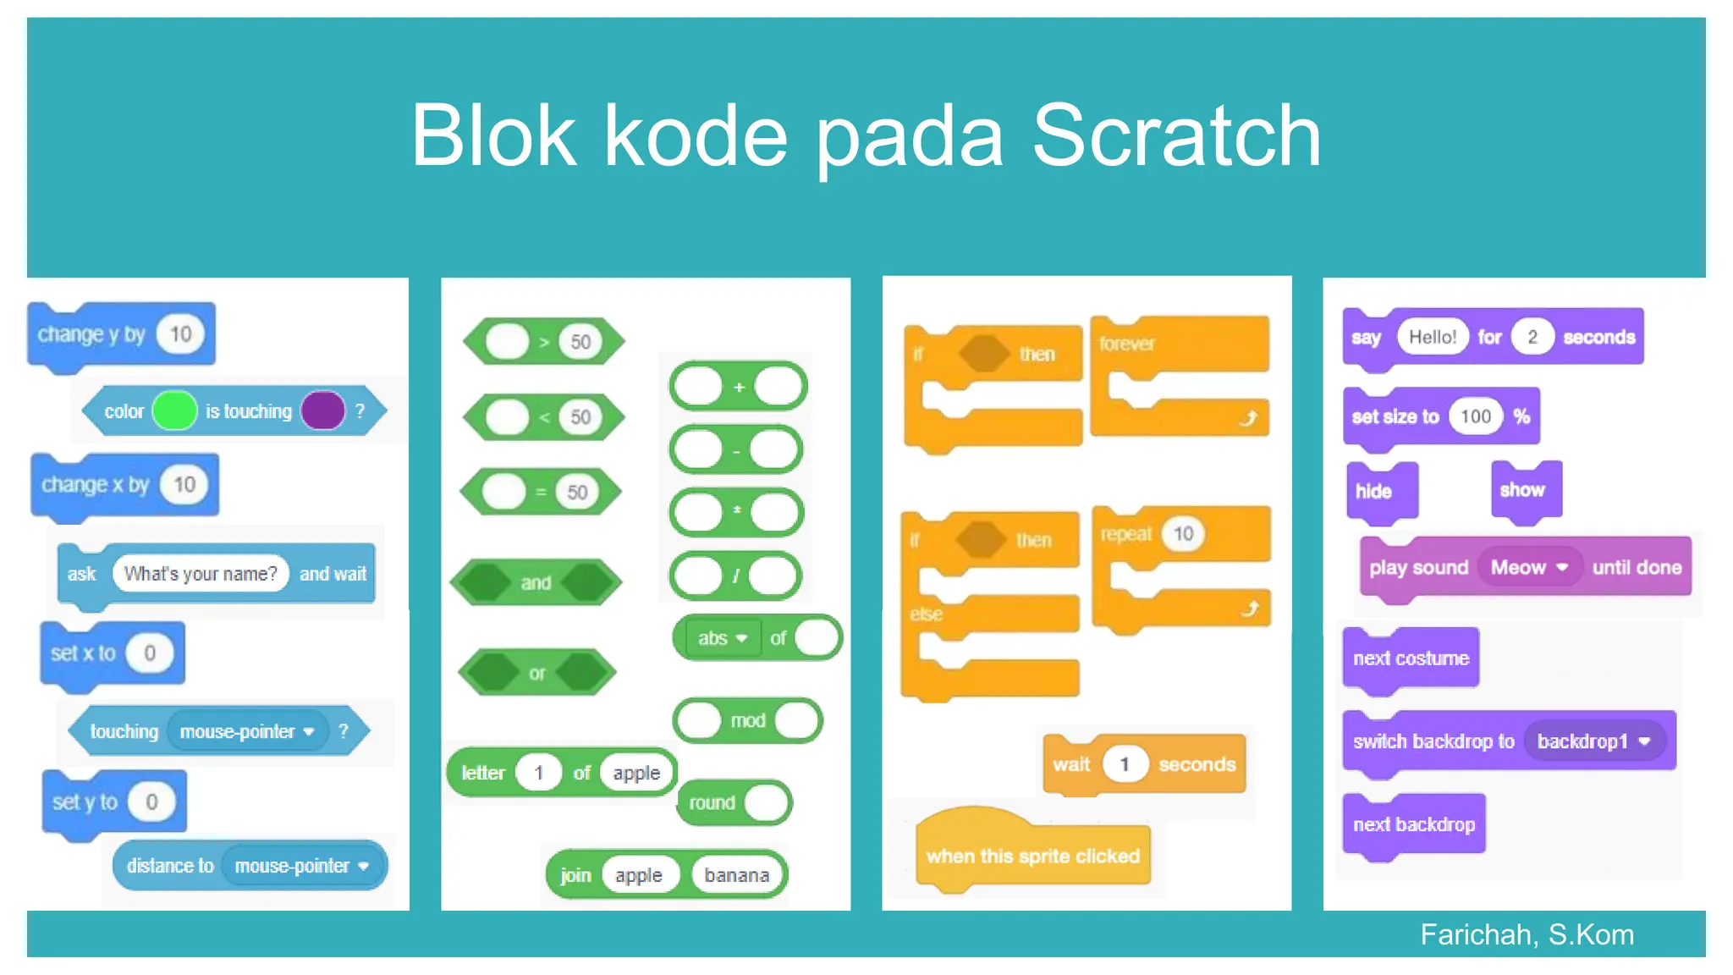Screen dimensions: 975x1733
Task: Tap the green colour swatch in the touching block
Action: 175,411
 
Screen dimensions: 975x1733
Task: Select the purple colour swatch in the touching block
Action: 323,411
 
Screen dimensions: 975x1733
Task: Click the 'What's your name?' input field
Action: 201,574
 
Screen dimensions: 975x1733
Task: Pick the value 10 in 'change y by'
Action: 181,334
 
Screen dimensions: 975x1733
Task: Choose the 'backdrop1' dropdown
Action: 1593,741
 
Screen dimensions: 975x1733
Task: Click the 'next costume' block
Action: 1411,658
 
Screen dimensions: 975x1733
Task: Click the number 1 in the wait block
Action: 1124,765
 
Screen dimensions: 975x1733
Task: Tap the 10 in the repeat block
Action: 1183,534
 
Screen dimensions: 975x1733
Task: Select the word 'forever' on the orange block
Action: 1127,344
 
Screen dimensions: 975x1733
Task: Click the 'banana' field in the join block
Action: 736,875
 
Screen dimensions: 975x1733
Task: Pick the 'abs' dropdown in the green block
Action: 721,638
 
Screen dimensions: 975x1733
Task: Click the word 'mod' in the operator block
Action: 748,721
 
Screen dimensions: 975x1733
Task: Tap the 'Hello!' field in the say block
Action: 1432,338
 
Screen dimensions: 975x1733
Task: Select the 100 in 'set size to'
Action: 1475,416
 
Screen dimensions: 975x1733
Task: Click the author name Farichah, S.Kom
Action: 1527,935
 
